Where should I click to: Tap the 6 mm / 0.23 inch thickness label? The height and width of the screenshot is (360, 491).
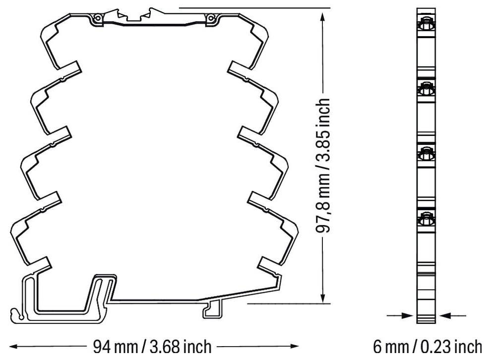427,346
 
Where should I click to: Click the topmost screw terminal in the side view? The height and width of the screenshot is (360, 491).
426,24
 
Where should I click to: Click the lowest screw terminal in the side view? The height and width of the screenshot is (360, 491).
426,218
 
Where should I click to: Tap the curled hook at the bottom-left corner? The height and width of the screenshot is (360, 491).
17,313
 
